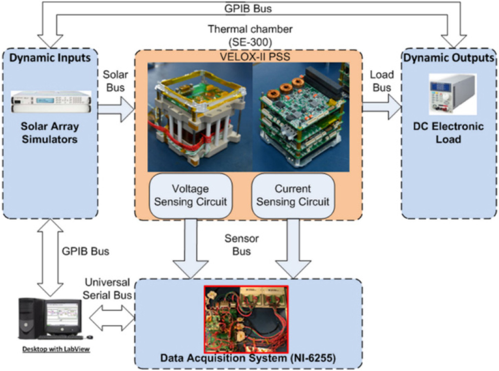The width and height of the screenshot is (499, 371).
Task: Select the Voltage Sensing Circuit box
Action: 190,195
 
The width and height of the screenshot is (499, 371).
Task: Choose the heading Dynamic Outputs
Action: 449,57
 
